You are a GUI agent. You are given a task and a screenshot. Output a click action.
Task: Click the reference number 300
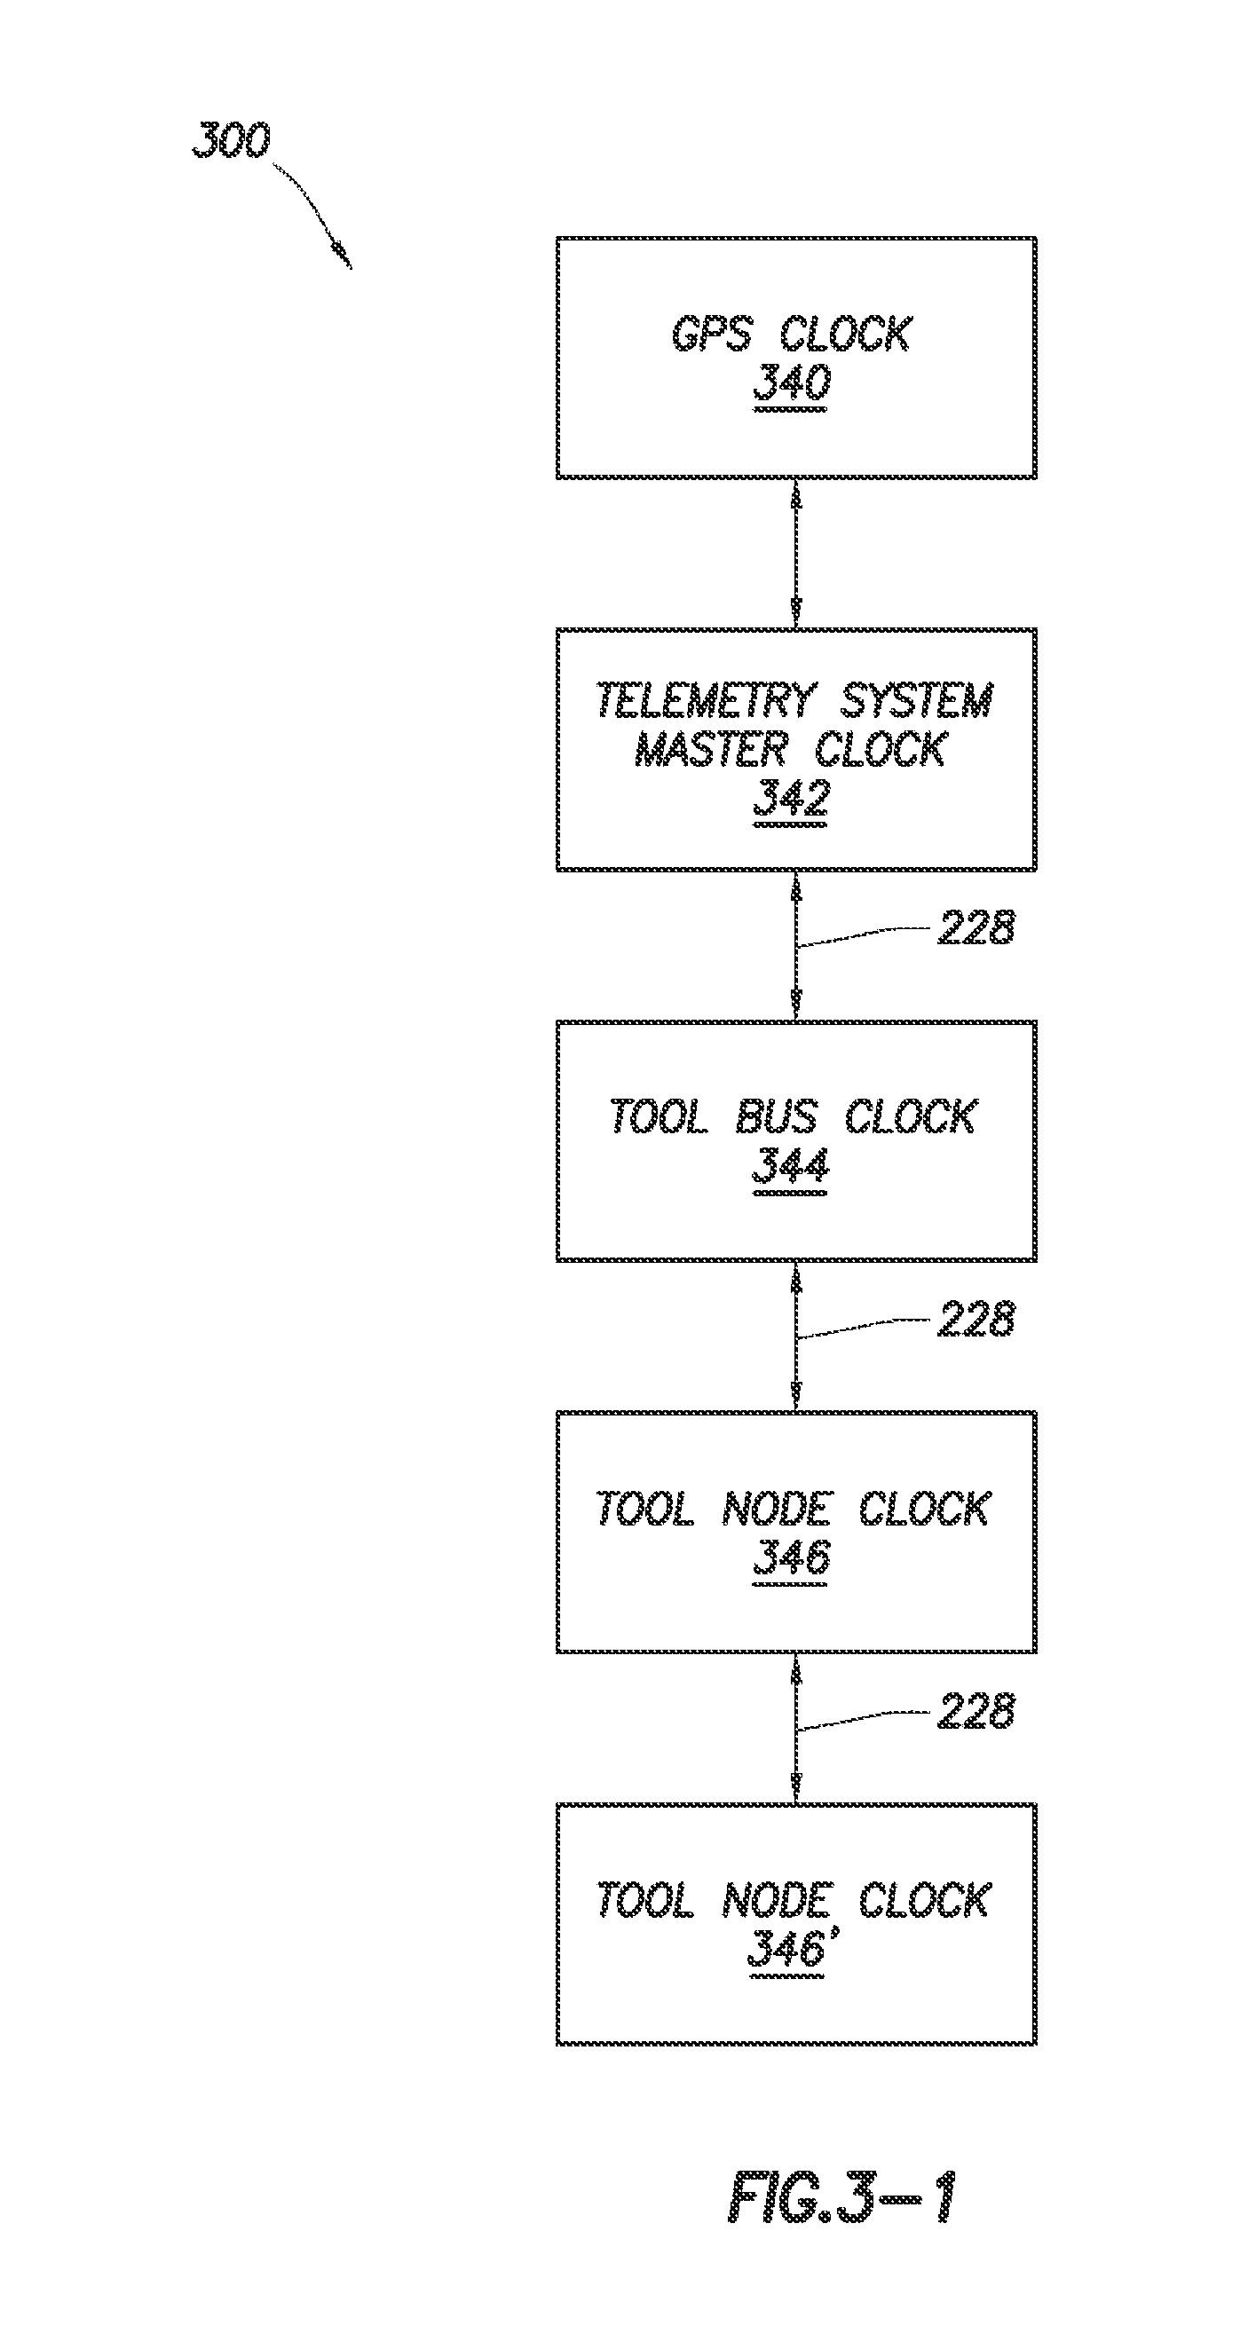tap(231, 140)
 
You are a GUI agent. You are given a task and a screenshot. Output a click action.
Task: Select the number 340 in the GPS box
tap(791, 382)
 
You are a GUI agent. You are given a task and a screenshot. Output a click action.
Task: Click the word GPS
tap(711, 334)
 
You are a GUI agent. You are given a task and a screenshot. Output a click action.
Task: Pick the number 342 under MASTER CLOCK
tap(791, 799)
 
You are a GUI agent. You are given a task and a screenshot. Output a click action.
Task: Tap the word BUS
tap(776, 1117)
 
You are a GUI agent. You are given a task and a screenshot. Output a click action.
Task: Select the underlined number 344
tap(790, 1166)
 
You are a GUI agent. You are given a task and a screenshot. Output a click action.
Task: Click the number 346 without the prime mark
tap(791, 1557)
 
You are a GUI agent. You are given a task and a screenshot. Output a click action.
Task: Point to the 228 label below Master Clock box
tap(976, 927)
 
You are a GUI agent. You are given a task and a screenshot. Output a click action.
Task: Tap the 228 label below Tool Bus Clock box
tap(976, 1320)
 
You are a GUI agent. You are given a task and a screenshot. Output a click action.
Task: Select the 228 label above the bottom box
tap(976, 1711)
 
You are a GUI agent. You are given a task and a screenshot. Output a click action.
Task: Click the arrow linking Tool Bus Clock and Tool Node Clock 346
tap(795, 1336)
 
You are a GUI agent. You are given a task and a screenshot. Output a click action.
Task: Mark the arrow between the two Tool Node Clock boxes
tap(795, 1728)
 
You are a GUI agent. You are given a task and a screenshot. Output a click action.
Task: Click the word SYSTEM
tap(915, 701)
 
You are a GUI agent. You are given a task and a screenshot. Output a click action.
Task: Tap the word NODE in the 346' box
tap(776, 1901)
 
